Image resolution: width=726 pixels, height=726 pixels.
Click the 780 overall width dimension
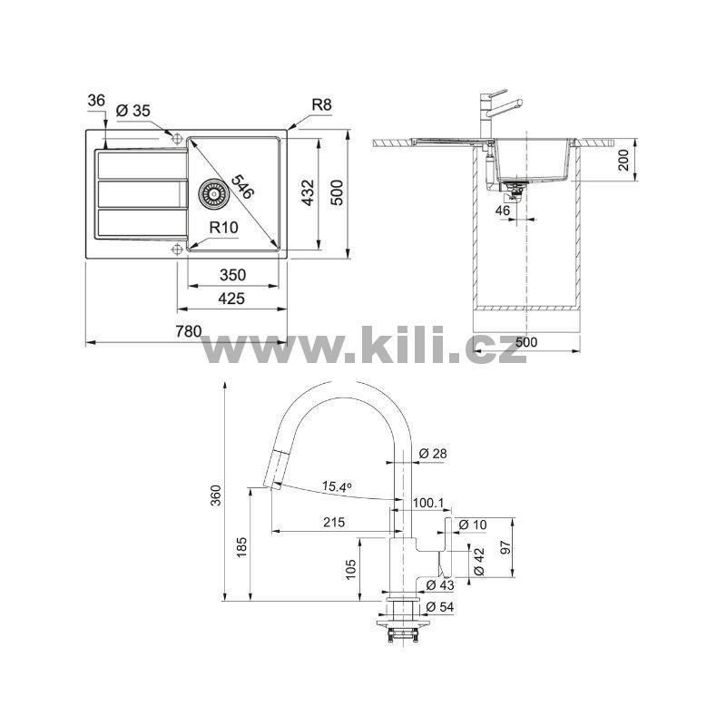(x=189, y=331)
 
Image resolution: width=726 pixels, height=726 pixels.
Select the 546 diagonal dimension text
(x=242, y=187)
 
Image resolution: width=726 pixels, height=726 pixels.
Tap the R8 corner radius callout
(x=322, y=104)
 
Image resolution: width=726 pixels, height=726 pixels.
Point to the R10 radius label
(x=223, y=228)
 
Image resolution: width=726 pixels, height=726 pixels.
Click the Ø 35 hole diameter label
(x=133, y=111)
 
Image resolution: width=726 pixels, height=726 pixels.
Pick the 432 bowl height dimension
(x=308, y=192)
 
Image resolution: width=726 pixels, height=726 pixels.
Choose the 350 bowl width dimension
(x=232, y=275)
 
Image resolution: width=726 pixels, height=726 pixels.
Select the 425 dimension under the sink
(x=231, y=299)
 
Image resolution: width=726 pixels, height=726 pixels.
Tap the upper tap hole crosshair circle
(x=177, y=138)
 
